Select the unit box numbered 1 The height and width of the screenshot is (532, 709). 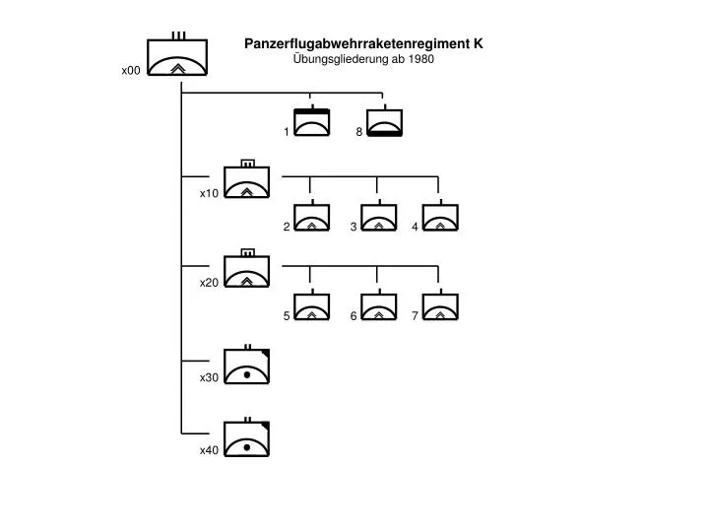312,121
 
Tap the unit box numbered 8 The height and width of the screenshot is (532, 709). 384,121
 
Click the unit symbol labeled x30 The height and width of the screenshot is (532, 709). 247,365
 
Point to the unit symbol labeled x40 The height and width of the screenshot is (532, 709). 247,437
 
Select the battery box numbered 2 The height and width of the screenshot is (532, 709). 311,216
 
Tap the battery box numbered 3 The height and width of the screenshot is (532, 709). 379,216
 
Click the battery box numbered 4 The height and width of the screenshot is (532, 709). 440,216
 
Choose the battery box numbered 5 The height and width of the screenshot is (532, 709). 311,304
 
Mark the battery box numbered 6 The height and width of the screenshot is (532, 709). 379,304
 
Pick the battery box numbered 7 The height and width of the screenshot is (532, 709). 440,304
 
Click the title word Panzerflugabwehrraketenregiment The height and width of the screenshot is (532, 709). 357,44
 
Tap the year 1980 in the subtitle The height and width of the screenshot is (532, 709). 421,59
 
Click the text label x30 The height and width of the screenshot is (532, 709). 209,377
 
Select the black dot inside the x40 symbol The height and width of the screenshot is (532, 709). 247,447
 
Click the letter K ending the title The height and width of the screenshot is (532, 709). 479,43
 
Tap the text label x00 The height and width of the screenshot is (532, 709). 131,71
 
